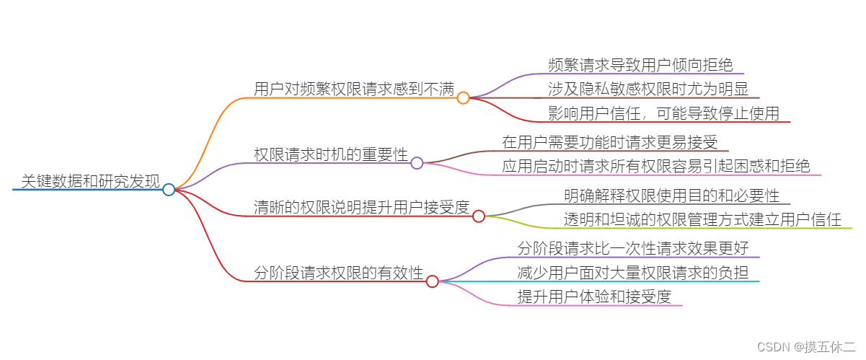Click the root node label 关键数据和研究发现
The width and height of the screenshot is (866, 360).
pyautogui.click(x=90, y=180)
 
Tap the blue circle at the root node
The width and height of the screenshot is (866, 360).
pyautogui.click(x=169, y=190)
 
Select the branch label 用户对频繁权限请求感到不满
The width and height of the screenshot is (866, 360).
pyautogui.click(x=354, y=89)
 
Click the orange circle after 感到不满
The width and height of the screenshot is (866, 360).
pyautogui.click(x=463, y=98)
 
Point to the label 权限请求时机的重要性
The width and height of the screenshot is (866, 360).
pyautogui.click(x=331, y=154)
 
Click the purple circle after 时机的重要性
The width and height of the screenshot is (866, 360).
pyautogui.click(x=417, y=163)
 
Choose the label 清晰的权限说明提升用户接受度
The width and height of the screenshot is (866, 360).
pyautogui.click(x=361, y=207)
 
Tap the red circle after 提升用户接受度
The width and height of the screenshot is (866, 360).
pyautogui.click(x=479, y=216)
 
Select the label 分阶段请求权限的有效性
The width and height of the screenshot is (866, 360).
pyautogui.click(x=339, y=273)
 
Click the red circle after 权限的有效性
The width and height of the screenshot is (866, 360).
pyautogui.click(x=433, y=281)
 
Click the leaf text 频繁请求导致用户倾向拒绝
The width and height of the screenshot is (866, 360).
pyautogui.click(x=640, y=66)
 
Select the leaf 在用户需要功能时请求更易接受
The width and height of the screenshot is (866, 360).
pyautogui.click(x=609, y=141)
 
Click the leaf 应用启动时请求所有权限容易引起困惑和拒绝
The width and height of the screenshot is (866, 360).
pyautogui.click(x=656, y=166)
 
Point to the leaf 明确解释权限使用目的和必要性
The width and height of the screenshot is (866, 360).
pyautogui.click(x=671, y=195)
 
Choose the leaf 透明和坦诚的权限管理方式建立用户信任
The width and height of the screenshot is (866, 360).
pyautogui.click(x=702, y=219)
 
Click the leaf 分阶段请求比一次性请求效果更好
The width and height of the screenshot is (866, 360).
pyautogui.click(x=633, y=248)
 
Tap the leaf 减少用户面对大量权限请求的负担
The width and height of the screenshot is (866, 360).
pyautogui.click(x=633, y=273)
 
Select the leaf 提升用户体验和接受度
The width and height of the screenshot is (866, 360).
pyautogui.click(x=594, y=296)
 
